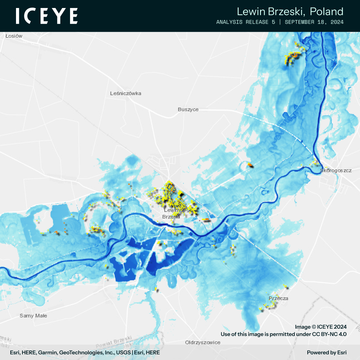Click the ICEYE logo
(47, 16)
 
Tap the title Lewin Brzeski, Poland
(290, 12)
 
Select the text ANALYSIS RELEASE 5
(245, 22)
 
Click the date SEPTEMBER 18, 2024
(314, 22)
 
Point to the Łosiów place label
(14, 36)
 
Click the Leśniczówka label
(125, 93)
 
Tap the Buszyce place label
(188, 109)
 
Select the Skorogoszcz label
(336, 171)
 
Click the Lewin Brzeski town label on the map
(171, 213)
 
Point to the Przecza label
(278, 298)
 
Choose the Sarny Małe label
(33, 316)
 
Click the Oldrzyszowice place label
(203, 342)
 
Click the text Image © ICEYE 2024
(321, 327)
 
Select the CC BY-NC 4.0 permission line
(284, 334)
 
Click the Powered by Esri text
(327, 352)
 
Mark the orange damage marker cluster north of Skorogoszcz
(292, 56)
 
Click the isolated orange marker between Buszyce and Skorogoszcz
(249, 165)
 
